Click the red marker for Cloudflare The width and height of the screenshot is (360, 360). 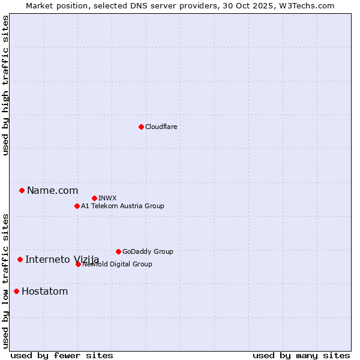[141, 127]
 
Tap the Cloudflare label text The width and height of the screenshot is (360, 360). [161, 127]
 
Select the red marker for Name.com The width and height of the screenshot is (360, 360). [22, 191]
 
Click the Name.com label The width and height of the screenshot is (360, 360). [53, 191]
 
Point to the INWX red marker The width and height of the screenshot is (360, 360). [94, 198]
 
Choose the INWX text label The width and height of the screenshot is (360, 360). [108, 198]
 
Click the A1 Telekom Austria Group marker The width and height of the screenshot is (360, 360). [77, 206]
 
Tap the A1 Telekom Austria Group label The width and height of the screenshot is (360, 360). [123, 206]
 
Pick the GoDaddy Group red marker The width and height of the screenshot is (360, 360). [118, 251]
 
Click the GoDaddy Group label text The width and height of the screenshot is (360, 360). [148, 251]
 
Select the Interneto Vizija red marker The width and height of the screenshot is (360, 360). [20, 259]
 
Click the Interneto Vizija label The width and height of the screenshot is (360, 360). [62, 259]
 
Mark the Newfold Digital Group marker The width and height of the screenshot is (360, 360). [78, 264]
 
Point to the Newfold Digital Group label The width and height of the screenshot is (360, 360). [118, 264]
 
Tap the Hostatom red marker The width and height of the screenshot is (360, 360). [16, 292]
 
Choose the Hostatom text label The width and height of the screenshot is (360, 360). [45, 292]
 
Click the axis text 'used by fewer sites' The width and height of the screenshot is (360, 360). [62, 355]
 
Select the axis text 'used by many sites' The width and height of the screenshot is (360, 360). [301, 355]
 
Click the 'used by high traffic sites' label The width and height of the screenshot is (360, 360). [5, 85]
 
